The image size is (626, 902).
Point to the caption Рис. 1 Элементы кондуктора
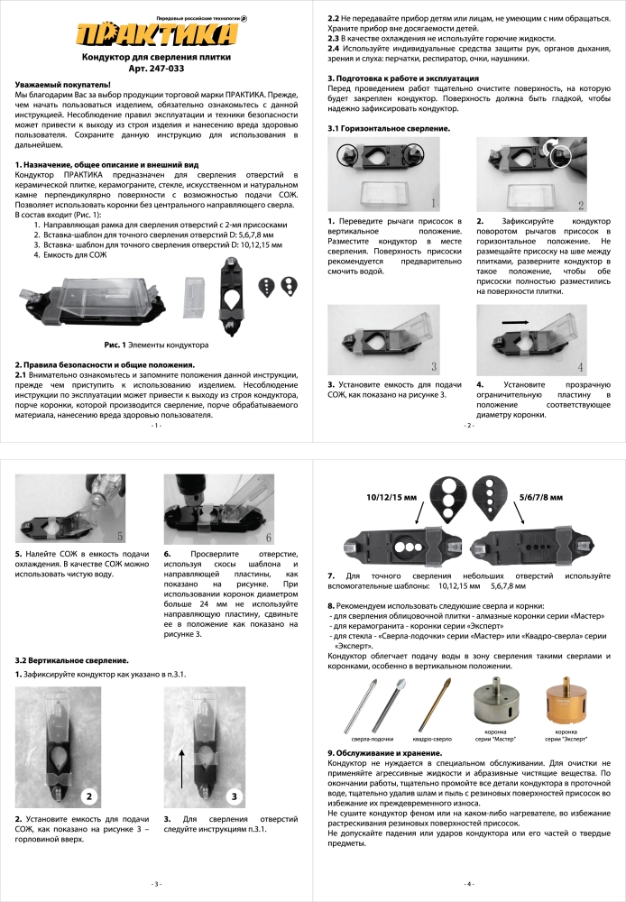[156, 345]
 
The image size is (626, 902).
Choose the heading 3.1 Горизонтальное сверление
[389, 130]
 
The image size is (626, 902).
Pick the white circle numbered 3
[233, 796]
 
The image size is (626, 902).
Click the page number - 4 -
[468, 883]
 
